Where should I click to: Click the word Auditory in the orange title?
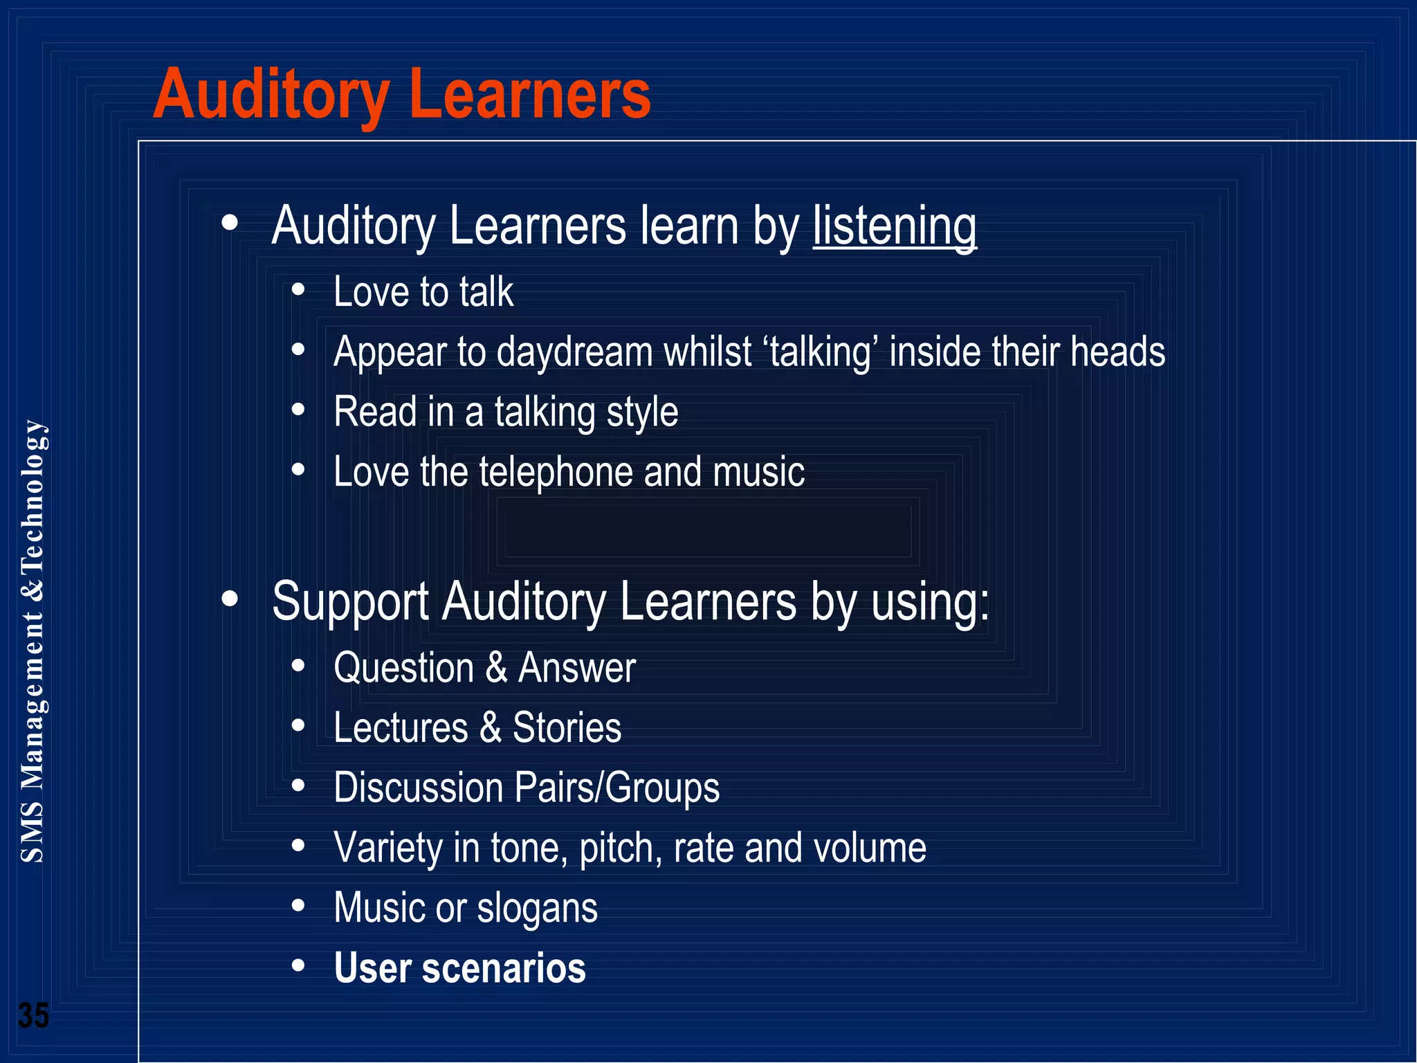tap(271, 95)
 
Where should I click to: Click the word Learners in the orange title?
tap(530, 95)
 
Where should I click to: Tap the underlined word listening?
tap(895, 226)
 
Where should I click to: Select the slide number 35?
tap(33, 1016)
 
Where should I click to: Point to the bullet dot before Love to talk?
tap(298, 290)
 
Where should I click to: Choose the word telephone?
tap(556, 473)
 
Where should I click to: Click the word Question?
tap(404, 669)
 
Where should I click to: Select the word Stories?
tap(567, 728)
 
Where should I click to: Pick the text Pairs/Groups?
tap(617, 788)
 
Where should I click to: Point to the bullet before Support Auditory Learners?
tap(230, 599)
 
